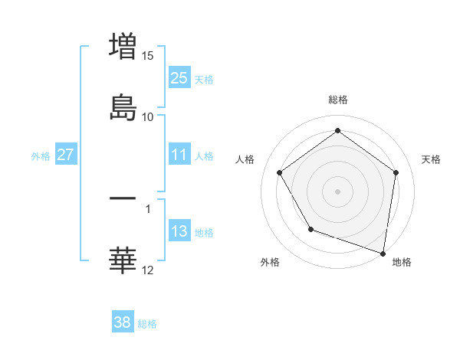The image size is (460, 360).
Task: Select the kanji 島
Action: point(123,106)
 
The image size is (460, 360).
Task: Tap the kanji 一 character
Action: point(123,198)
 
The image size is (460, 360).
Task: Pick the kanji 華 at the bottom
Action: point(123,260)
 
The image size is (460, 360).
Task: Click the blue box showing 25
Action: point(179,78)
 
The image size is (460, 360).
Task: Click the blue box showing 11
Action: point(179,155)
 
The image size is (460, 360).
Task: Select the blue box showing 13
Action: point(179,231)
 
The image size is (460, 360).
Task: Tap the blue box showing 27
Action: point(65,155)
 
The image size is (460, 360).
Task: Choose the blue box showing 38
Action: point(122,322)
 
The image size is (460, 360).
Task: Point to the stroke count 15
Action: point(148,56)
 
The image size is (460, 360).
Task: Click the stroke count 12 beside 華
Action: point(148,270)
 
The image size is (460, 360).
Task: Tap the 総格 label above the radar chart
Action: point(337,100)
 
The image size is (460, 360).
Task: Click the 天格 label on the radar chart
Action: point(431,159)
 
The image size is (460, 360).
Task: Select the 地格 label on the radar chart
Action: point(402,262)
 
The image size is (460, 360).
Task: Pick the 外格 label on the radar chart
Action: point(270,262)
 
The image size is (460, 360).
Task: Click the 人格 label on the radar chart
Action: point(245,159)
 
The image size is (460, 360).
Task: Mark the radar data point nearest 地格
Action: point(383,253)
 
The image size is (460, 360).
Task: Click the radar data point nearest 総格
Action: point(337,130)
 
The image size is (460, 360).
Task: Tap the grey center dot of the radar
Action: point(337,191)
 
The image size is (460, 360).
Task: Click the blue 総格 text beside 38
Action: point(147,324)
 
